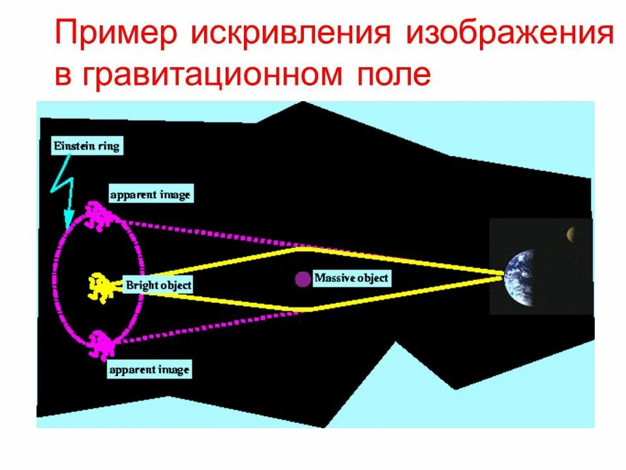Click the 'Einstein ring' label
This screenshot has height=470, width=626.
coord(85,146)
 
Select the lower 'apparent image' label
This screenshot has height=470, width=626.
coord(149,370)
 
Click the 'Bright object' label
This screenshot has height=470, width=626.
coord(158,285)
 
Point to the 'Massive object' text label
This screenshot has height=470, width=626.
coord(351,278)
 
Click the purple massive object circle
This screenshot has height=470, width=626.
coord(303,279)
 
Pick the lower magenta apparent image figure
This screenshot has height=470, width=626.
coord(101,342)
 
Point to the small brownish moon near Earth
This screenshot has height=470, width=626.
coord(571,233)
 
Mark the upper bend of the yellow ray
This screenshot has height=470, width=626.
coord(299,247)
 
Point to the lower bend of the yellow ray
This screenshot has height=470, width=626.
coord(303,309)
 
